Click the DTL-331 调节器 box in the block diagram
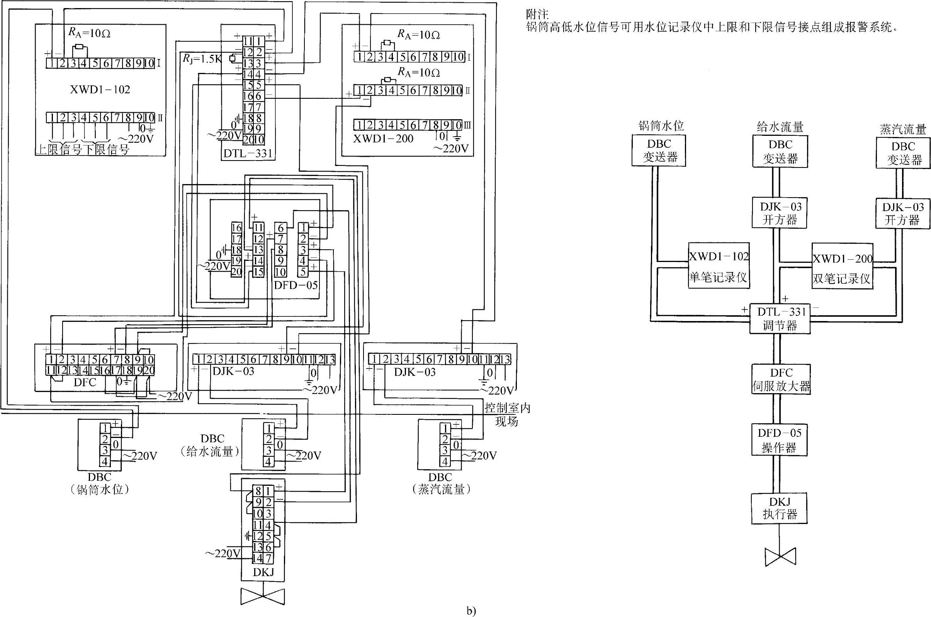click(x=780, y=318)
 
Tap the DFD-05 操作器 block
click(x=780, y=440)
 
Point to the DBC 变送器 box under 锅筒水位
click(x=659, y=150)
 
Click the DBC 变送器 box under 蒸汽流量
click(x=904, y=153)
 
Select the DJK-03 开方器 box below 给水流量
click(x=780, y=213)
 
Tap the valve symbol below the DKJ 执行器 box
click(x=780, y=557)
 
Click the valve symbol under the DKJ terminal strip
click(x=263, y=597)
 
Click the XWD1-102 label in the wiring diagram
click(x=100, y=90)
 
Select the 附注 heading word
click(x=537, y=15)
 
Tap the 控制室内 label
click(x=507, y=408)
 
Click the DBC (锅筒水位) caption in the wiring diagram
click(x=99, y=483)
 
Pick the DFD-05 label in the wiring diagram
click(x=296, y=285)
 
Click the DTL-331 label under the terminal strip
click(x=248, y=154)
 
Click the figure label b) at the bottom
click(x=471, y=611)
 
